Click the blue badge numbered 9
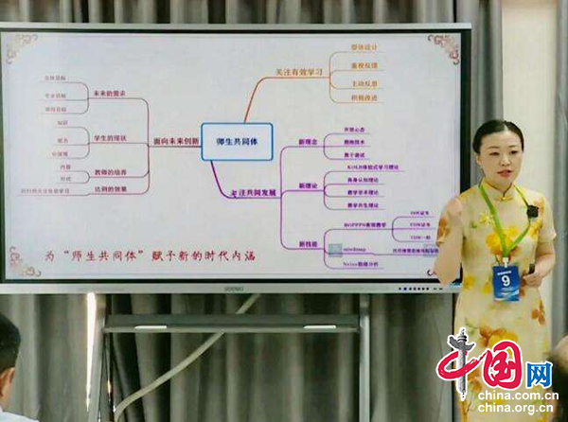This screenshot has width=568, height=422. [x=506, y=282]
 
